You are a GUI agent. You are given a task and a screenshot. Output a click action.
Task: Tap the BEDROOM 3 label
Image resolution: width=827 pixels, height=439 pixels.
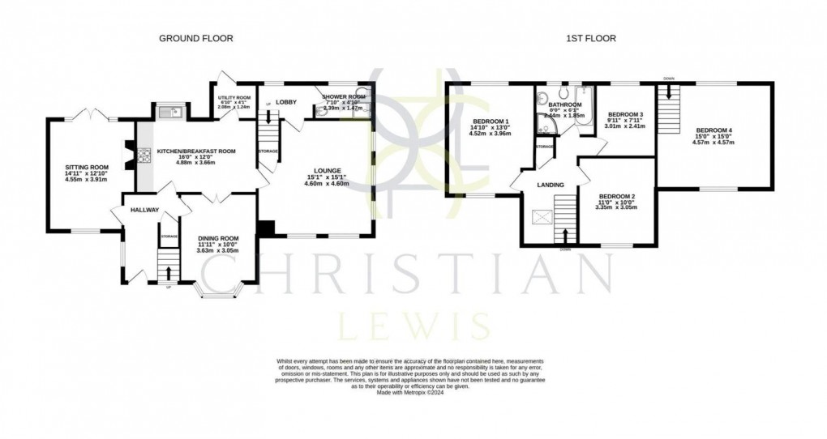[625, 114]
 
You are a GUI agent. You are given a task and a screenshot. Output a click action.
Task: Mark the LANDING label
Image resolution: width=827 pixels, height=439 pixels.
[551, 185]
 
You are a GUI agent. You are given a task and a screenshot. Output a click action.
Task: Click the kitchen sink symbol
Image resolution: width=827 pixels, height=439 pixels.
[171, 111]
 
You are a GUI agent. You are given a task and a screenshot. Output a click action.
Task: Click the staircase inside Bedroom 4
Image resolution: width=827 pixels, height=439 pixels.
[669, 113]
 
